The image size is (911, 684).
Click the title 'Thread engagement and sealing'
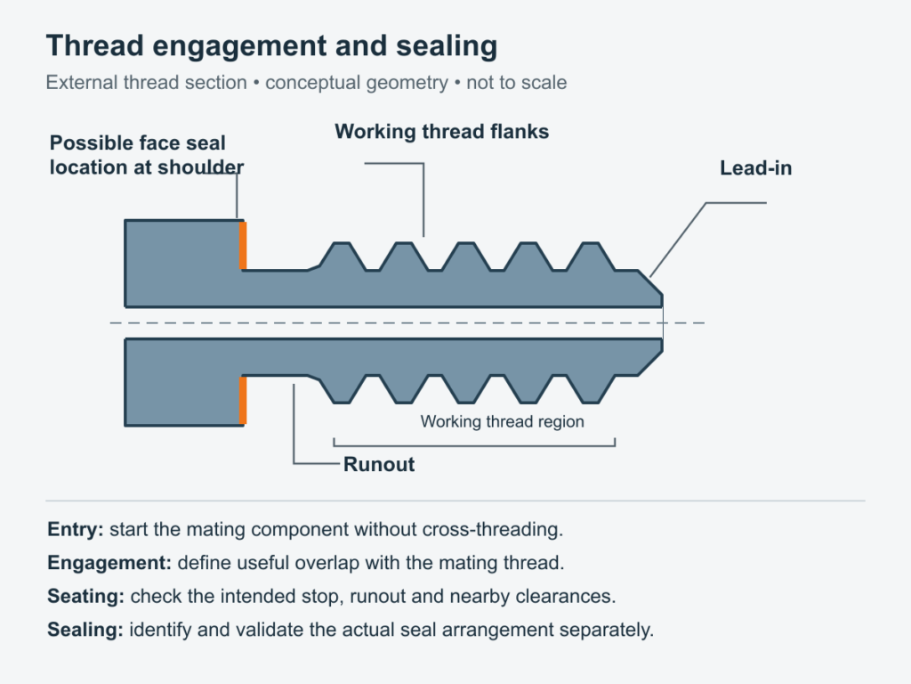tap(271, 46)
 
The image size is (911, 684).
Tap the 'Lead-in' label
tap(756, 168)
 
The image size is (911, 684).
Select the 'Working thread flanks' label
tap(441, 132)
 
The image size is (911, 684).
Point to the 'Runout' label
tap(379, 464)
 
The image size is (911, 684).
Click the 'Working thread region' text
tap(502, 421)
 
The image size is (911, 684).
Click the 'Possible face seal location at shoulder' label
tap(147, 155)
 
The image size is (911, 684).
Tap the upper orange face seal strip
tap(243, 246)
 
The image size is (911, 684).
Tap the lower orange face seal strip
tap(243, 400)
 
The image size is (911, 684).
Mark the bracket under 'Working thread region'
tap(474, 446)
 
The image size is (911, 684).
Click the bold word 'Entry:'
tap(76, 530)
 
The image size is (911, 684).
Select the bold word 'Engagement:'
tap(109, 563)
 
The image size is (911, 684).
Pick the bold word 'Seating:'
tap(86, 597)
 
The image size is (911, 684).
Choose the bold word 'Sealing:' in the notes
tap(85, 630)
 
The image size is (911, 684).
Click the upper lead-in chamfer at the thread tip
tap(650, 283)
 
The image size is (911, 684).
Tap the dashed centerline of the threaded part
tap(407, 322)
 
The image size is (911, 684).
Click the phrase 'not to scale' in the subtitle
tap(517, 83)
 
